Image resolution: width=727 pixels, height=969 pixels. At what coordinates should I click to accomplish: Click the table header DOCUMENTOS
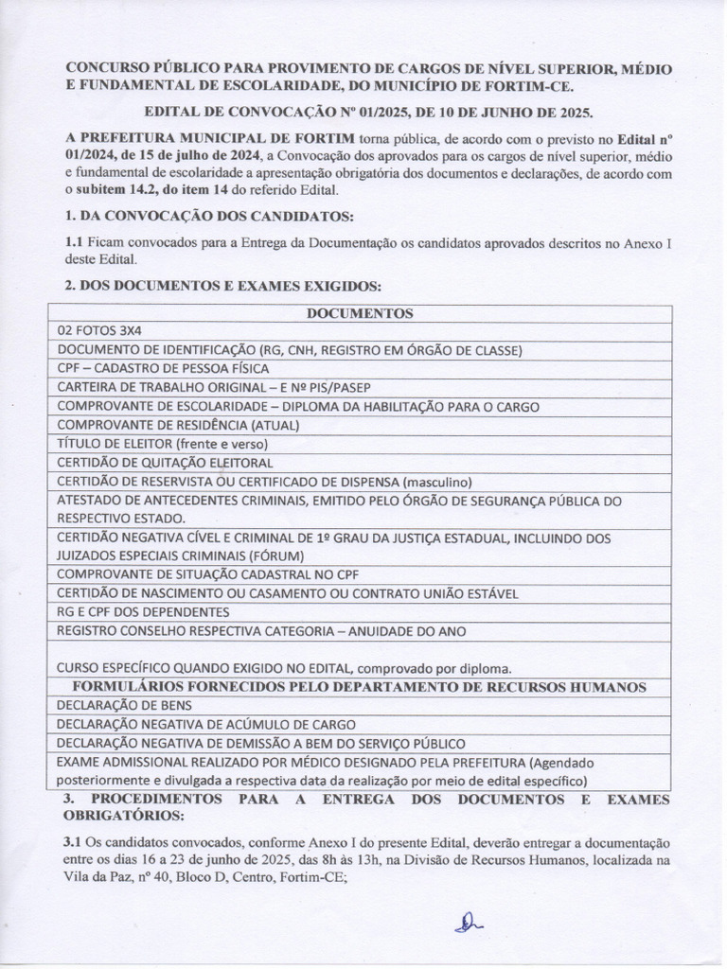pos(360,313)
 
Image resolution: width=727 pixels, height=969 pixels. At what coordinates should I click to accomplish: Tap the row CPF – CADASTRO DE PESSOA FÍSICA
pos(163,368)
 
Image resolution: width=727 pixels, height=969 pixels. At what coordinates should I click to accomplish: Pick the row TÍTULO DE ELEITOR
pos(163,444)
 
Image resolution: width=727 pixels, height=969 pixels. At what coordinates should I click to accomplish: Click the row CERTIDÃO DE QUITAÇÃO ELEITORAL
pos(165,463)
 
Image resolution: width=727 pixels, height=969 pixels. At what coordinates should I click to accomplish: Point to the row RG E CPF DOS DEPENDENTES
pos(143,612)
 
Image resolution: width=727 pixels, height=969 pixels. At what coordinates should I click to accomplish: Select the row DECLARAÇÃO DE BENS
pos(124,705)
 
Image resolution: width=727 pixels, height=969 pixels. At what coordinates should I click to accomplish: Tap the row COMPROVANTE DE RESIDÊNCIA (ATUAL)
pos(178,425)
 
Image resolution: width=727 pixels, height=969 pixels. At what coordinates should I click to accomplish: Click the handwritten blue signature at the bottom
pos(468,924)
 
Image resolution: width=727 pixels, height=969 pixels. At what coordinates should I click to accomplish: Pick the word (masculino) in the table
pos(437,482)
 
